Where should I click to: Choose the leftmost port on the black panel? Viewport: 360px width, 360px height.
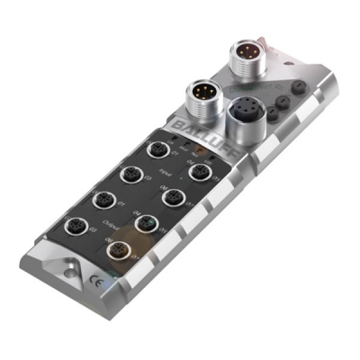(69, 226)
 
